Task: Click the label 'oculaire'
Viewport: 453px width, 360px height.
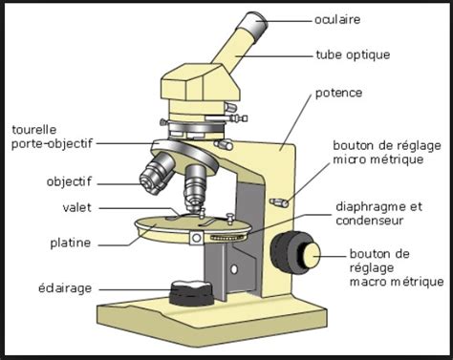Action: coord(340,18)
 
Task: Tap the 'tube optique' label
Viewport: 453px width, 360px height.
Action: coord(353,54)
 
